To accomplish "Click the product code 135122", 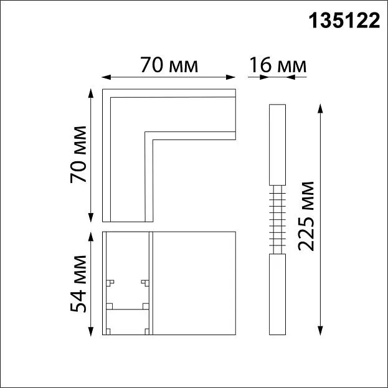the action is pos(344,21).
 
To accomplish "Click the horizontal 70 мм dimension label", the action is pos(169,65).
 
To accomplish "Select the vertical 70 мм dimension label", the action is pos(78,154).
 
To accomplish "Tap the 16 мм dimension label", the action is pos(278,65).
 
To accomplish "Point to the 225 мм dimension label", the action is pos(306,216).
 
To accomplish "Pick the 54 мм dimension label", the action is pos(78,283).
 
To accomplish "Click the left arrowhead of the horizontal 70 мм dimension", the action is pos(106,77).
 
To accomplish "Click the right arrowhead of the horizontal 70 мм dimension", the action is pos(230,77).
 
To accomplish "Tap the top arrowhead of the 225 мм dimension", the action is pos(320,108).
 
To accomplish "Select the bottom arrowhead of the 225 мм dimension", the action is pos(320,331).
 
